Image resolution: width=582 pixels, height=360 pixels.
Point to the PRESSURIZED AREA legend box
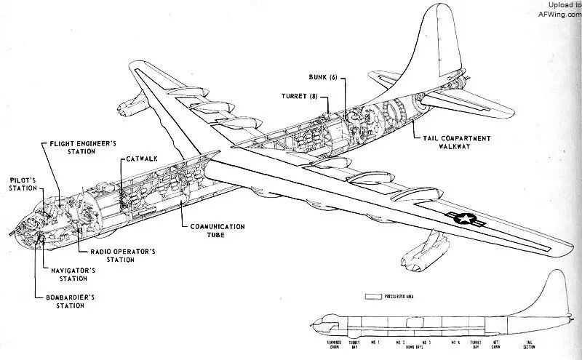tap(375, 297)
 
